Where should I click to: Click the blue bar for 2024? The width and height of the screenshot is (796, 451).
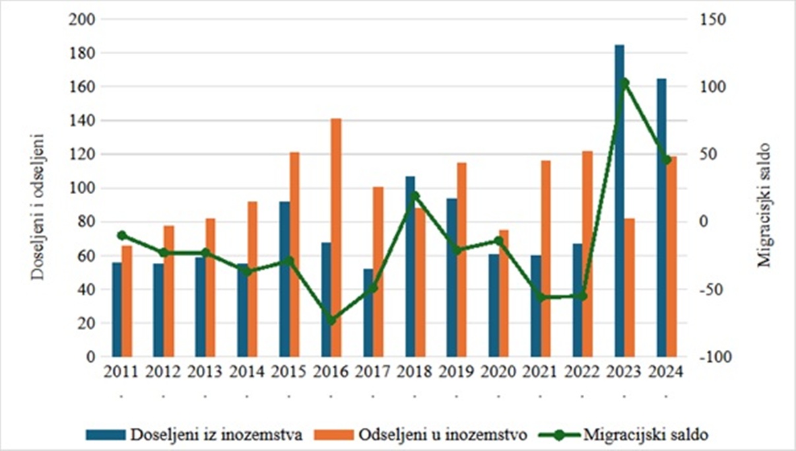pyautogui.click(x=661, y=218)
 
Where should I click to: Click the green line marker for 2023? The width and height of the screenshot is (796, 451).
pyautogui.click(x=624, y=83)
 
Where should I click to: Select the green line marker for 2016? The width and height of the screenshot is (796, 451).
pyautogui.click(x=331, y=320)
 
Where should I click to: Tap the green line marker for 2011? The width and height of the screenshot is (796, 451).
pyautogui.click(x=121, y=235)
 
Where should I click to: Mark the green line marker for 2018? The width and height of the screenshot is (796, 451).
pyautogui.click(x=415, y=195)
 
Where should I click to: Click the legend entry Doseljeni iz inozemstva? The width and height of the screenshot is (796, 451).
pyautogui.click(x=195, y=434)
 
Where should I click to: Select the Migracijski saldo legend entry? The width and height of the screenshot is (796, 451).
pyautogui.click(x=624, y=434)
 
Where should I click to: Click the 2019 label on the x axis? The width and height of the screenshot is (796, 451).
pyautogui.click(x=456, y=373)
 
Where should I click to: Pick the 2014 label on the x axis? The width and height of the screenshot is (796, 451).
pyautogui.click(x=247, y=373)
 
